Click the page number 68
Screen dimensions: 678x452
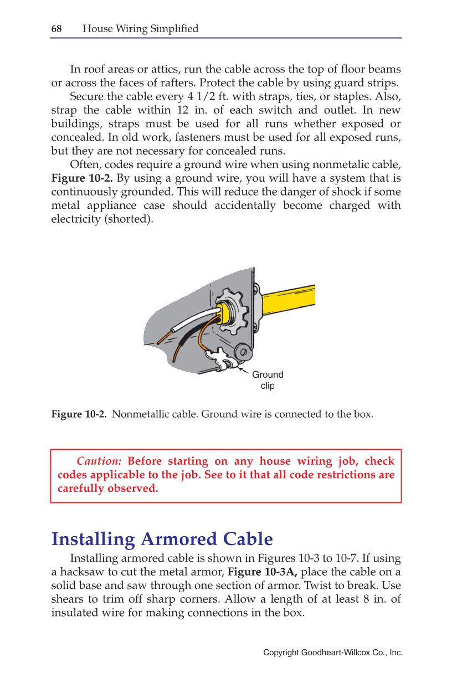click(56, 29)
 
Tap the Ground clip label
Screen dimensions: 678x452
click(268, 380)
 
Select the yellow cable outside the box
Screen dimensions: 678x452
click(288, 297)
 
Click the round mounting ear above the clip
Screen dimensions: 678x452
click(244, 351)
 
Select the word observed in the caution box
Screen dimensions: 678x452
click(135, 489)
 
